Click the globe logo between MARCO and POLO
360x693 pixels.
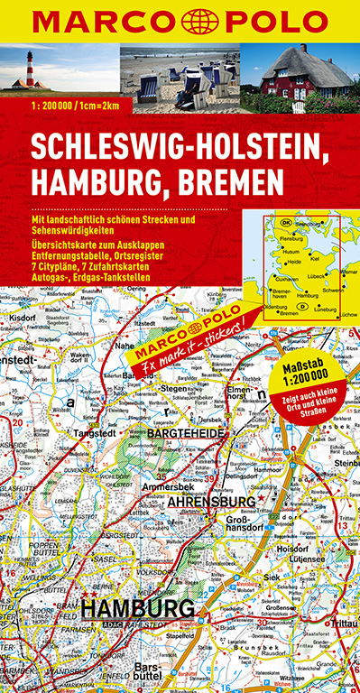click(x=180, y=19)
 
